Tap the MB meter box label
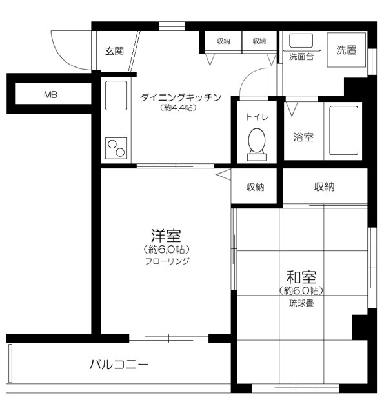50,95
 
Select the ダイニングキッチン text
181,97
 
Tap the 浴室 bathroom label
303,137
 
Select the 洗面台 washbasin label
301,56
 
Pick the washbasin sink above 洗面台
300,41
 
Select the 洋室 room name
166,236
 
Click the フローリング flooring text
167,261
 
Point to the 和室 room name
301,277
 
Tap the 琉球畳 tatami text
301,303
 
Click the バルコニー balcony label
119,365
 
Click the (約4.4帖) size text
179,108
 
